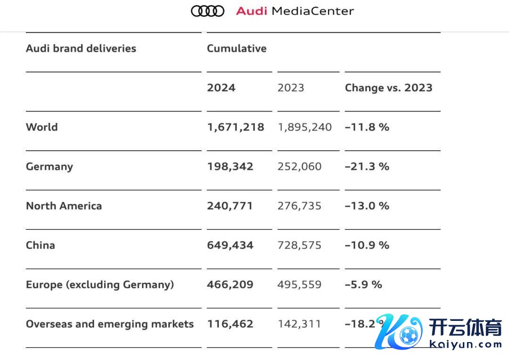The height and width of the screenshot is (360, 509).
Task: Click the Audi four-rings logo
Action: (207, 11)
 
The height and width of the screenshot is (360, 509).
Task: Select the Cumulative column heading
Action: (237, 49)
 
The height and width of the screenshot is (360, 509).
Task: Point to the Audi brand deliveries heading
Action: (81, 49)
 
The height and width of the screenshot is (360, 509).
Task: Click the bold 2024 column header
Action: (221, 88)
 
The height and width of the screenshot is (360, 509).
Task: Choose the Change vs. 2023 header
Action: (388, 88)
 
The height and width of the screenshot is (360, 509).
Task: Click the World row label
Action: (42, 127)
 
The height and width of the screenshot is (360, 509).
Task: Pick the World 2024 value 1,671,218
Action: (236, 127)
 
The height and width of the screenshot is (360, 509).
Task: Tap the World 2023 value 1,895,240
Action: (304, 127)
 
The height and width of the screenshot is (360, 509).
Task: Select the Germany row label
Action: (49, 166)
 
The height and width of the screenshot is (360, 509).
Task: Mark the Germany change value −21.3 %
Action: (367, 166)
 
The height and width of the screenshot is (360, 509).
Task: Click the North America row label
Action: (64, 206)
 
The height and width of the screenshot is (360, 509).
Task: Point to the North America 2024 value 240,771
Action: (230, 206)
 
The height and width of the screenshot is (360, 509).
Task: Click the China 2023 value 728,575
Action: (299, 245)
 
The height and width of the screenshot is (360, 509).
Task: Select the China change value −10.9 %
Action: (367, 245)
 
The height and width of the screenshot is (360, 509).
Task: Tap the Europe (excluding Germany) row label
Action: (100, 285)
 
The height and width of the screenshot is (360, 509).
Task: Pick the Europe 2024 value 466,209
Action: (230, 285)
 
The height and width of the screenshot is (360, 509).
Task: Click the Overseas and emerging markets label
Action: (110, 324)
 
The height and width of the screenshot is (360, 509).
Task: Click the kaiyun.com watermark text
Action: (466, 344)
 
